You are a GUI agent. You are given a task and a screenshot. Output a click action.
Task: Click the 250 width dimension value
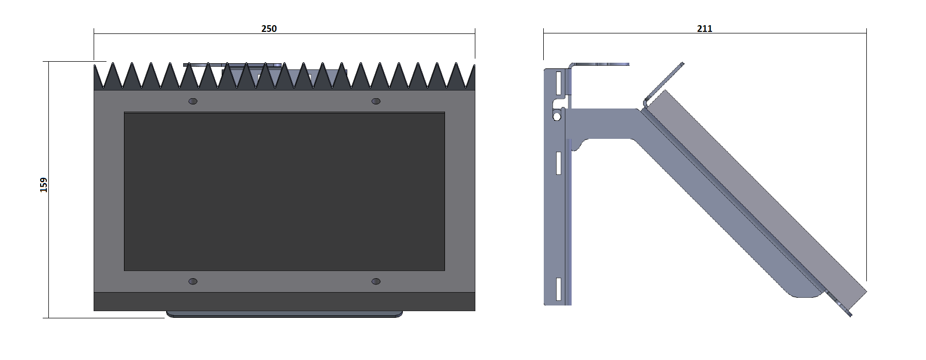coord(269,29)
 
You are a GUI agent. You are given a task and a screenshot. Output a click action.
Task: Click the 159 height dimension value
coord(44,185)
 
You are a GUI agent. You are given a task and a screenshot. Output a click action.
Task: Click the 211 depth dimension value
coord(704,29)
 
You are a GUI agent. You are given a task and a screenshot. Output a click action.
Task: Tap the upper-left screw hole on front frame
coord(193,101)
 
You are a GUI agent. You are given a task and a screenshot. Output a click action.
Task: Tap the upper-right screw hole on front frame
coord(376,101)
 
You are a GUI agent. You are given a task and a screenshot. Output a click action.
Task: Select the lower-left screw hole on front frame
coord(193,281)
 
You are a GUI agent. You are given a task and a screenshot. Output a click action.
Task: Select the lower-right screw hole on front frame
coord(376,281)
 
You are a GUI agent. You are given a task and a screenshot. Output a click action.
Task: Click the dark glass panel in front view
coord(284,191)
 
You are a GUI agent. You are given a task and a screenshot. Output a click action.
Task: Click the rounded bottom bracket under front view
coord(284,314)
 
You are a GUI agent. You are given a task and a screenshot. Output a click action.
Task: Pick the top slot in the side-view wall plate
coord(558,82)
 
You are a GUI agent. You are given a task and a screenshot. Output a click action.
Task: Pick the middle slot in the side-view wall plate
coord(558,163)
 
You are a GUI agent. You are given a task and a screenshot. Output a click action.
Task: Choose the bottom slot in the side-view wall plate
coord(558,289)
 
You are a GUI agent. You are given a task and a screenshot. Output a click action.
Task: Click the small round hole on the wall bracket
coord(556,117)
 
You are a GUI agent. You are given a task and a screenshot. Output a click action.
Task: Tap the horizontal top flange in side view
coord(599,65)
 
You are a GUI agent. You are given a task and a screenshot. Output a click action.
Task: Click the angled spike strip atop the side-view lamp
coord(664,82)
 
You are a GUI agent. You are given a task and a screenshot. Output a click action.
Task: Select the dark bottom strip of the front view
coord(284,301)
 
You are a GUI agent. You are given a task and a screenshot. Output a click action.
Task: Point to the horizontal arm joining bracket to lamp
coord(602,123)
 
